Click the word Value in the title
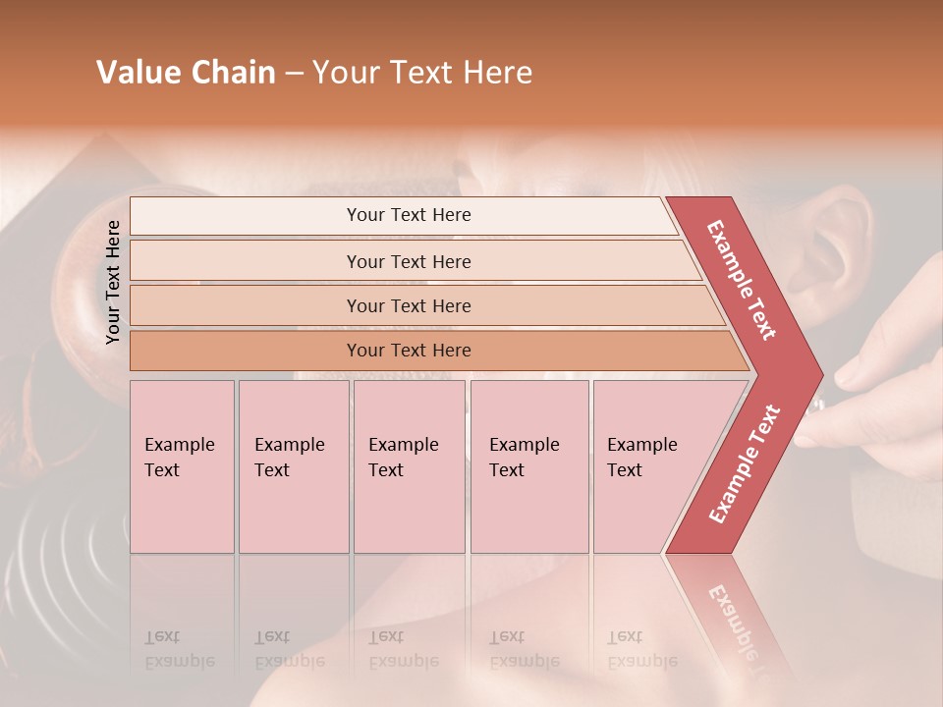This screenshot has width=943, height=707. point(139,73)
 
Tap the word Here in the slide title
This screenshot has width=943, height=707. point(497,73)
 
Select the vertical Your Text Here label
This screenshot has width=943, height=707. point(113,283)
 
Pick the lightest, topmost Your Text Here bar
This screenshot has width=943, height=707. point(409,215)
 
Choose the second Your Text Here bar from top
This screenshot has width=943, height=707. point(409,261)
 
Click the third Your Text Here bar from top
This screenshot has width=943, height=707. point(409,305)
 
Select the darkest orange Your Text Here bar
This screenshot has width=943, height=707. point(409,351)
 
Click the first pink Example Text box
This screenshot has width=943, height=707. point(182,466)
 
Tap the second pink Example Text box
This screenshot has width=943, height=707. point(293,466)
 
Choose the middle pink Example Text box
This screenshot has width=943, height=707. point(409,466)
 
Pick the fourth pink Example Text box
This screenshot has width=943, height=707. point(529,466)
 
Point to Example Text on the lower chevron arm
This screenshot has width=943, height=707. point(745,464)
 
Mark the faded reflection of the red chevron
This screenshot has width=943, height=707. point(732,609)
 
